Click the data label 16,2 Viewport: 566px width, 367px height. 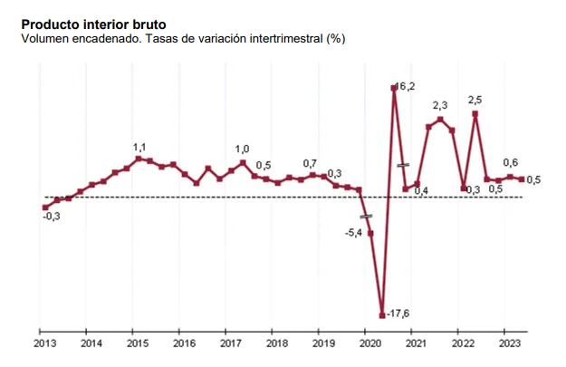[x=406, y=86]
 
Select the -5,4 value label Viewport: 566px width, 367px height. [x=354, y=233]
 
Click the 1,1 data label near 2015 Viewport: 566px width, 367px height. [x=139, y=147]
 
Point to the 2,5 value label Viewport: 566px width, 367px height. [x=475, y=101]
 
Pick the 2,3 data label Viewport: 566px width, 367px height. [x=440, y=107]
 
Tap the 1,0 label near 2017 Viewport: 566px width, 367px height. [x=243, y=150]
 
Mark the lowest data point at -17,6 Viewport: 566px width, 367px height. [x=382, y=314]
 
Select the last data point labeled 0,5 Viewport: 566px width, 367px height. [x=522, y=179]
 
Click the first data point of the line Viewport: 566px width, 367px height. [x=45, y=208]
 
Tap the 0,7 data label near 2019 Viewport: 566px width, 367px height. [x=311, y=163]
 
